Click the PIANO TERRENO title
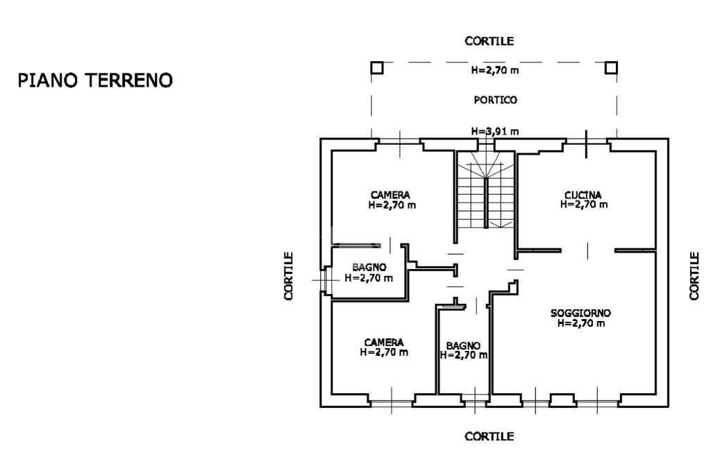pyautogui.click(x=95, y=80)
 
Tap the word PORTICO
pyautogui.click(x=495, y=100)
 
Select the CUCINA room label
pyautogui.click(x=583, y=196)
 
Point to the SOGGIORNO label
pyautogui.click(x=581, y=313)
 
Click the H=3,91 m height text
pyautogui.click(x=494, y=131)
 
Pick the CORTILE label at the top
pyautogui.click(x=490, y=41)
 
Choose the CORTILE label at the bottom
pyautogui.click(x=490, y=436)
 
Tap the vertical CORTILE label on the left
pyautogui.click(x=289, y=276)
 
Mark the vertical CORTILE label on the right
pyautogui.click(x=694, y=276)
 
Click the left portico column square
pyautogui.click(x=377, y=68)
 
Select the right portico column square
pyautogui.click(x=611, y=68)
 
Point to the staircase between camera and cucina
pyautogui.click(x=485, y=190)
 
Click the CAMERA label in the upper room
pyautogui.click(x=390, y=196)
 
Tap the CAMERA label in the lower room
pyautogui.click(x=383, y=343)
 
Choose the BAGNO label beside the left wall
pyautogui.click(x=369, y=268)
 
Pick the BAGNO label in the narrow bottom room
pyautogui.click(x=463, y=346)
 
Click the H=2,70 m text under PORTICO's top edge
pyautogui.click(x=494, y=70)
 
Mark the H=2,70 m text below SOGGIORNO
pyautogui.click(x=581, y=323)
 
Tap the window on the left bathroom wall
pyautogui.click(x=326, y=280)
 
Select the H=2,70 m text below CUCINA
pyautogui.click(x=583, y=205)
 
